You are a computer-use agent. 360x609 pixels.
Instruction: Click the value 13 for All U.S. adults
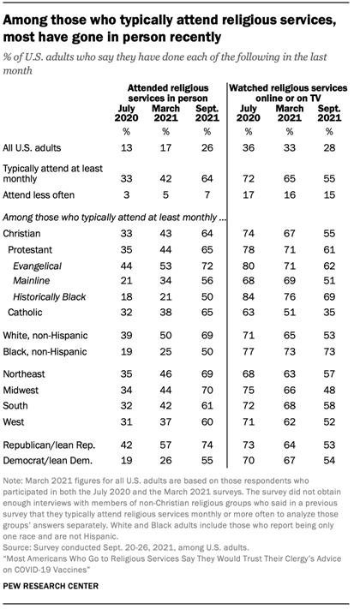pos(129,149)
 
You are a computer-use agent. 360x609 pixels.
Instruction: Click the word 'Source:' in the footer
pos(21,543)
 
